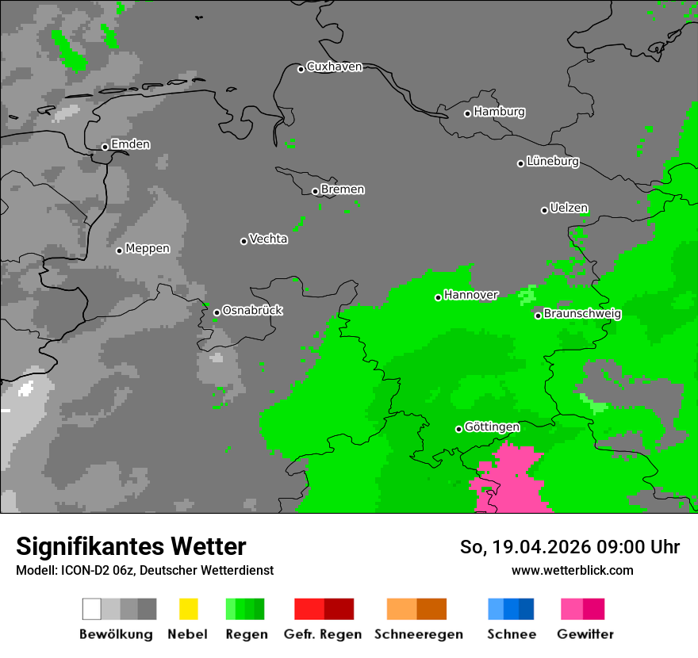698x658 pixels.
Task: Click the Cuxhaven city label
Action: point(334,67)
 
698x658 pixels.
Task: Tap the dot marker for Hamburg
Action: point(467,113)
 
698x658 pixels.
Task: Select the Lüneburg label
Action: point(553,162)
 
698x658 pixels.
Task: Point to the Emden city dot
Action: point(105,147)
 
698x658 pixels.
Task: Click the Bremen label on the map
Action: point(343,189)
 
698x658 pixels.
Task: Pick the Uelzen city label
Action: point(569,208)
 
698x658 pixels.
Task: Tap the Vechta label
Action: point(268,239)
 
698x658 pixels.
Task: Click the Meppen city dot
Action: point(119,251)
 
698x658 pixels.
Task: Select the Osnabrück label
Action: point(252,311)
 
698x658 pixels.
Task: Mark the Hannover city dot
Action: point(438,297)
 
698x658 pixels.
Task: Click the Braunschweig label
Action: point(582,314)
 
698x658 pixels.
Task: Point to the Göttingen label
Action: point(492,427)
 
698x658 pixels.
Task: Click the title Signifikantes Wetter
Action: point(131,546)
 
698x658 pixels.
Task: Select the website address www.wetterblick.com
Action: point(572,570)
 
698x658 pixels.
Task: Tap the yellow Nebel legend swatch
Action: point(188,609)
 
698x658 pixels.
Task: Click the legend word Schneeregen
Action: point(418,634)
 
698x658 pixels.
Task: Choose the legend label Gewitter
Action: point(585,634)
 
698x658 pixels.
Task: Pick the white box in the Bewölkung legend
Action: point(91,609)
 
